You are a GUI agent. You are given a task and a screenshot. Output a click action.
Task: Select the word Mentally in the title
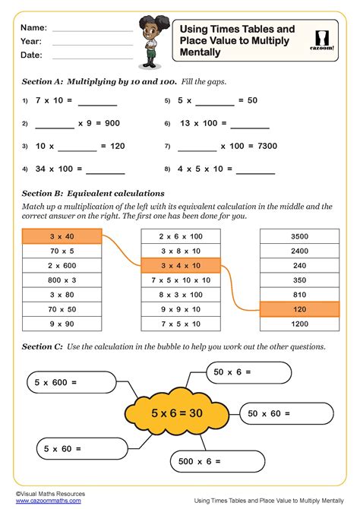[201, 53]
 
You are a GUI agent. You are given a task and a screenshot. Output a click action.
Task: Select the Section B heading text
[93, 193]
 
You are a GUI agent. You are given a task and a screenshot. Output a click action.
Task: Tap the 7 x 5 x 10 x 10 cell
[181, 280]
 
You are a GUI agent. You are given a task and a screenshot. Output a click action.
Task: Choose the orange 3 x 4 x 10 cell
[181, 265]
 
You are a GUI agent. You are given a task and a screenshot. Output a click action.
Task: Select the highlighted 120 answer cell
[299, 309]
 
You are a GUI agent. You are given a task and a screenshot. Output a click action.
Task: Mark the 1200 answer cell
[299, 324]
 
